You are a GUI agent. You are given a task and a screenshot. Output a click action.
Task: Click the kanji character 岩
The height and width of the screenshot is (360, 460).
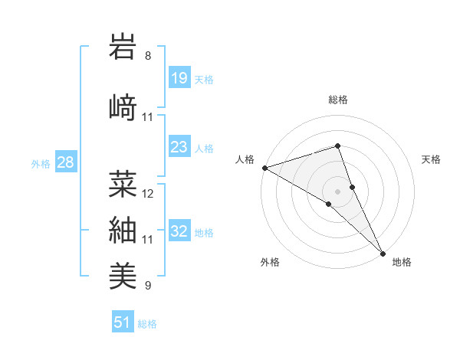tap(125, 48)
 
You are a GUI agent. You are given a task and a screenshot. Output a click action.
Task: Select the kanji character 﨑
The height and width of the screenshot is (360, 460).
tap(125, 108)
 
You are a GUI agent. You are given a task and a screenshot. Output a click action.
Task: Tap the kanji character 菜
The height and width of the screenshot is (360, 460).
tap(125, 184)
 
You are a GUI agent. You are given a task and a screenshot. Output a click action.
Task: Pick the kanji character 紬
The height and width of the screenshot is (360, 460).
tap(125, 230)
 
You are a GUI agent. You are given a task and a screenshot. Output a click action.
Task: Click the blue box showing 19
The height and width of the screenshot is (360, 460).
tap(179, 78)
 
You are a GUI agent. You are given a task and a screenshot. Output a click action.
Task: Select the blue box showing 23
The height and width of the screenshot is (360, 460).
tap(179, 147)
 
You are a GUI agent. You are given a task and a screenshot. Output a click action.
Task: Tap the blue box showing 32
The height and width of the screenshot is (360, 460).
tap(179, 231)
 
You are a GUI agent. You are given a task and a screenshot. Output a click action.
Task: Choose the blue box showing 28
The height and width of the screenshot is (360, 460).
tap(65, 162)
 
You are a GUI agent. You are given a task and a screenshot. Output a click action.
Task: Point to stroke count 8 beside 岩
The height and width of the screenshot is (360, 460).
tap(148, 57)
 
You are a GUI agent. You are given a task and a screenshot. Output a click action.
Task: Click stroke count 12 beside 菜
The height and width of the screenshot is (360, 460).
tap(148, 194)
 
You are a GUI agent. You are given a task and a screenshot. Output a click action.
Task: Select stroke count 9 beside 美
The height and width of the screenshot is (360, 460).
tap(148, 286)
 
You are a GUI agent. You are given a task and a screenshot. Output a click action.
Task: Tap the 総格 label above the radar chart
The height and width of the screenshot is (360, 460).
tap(338, 100)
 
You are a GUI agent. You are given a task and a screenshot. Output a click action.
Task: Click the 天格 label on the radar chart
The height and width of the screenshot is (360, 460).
tap(432, 159)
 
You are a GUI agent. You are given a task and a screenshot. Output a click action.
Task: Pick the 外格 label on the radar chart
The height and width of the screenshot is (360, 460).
tap(270, 263)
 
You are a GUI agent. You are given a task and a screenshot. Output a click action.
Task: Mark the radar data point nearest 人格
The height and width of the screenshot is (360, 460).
tap(264, 168)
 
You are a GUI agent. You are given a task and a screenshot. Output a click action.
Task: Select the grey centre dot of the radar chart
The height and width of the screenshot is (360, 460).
tap(338, 191)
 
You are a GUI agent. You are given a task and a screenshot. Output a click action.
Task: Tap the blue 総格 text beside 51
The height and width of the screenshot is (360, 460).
tap(147, 324)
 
